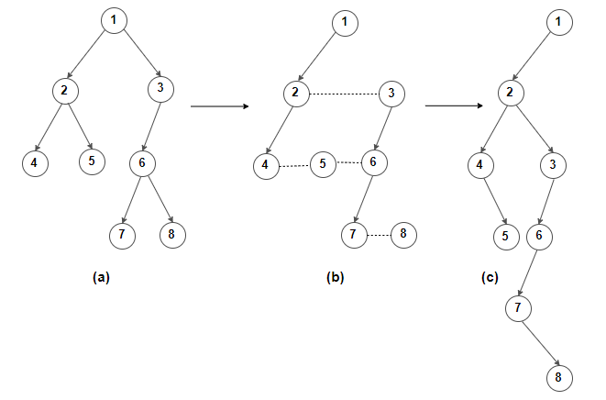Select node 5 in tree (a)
pyautogui.click(x=91, y=161)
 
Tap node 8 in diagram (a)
pyautogui.click(x=171, y=234)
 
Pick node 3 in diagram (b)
pyautogui.click(x=391, y=93)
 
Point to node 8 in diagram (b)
pyautogui.click(x=403, y=234)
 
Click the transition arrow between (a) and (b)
pyautogui.click(x=220, y=107)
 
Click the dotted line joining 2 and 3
pyautogui.click(x=343, y=93)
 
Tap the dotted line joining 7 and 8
pyautogui.click(x=379, y=235)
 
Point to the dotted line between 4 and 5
pyautogui.click(x=294, y=166)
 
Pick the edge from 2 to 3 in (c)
pyautogui.click(x=536, y=128)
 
